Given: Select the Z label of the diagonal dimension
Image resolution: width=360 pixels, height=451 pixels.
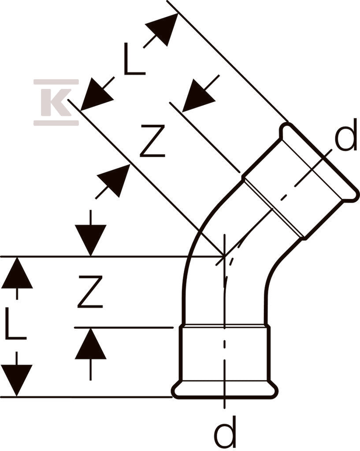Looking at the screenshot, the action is pyautogui.click(x=152, y=141).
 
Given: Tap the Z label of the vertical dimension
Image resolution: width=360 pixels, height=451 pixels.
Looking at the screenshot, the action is pyautogui.click(x=90, y=292).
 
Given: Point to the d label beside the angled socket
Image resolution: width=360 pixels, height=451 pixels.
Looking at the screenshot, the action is pyautogui.click(x=346, y=135).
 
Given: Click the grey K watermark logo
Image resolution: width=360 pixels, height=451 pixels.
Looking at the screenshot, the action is pyautogui.click(x=56, y=102).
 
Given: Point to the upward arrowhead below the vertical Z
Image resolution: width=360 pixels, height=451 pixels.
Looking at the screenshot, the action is pyautogui.click(x=91, y=344).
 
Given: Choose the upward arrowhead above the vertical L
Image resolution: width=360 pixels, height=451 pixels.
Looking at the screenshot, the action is pyautogui.click(x=17, y=273).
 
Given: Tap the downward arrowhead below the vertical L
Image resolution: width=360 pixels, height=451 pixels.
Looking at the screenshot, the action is pyautogui.click(x=17, y=380).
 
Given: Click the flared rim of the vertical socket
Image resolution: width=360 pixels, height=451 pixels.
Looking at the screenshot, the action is pyautogui.click(x=225, y=390).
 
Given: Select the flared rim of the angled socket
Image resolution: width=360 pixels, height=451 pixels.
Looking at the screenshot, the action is pyautogui.click(x=319, y=161).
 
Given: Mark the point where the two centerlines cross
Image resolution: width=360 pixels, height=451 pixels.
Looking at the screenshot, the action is pyautogui.click(x=224, y=256).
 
